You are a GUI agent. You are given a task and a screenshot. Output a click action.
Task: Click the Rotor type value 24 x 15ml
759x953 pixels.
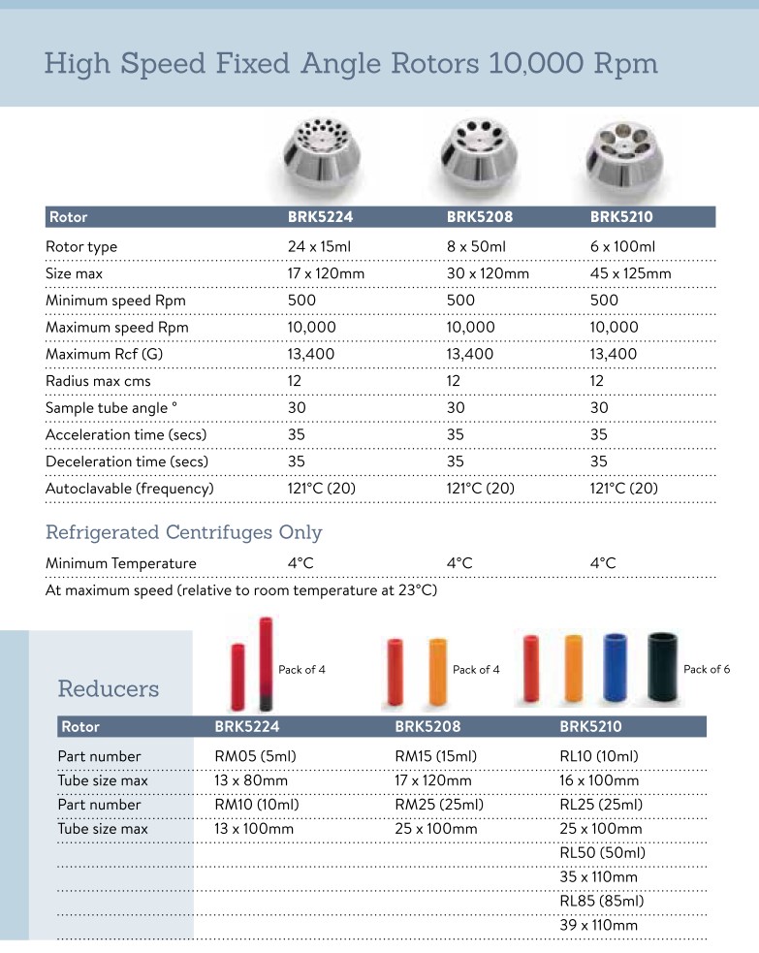pyautogui.click(x=319, y=246)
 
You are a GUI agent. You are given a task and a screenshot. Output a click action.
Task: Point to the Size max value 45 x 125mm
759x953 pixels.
pyautogui.click(x=630, y=273)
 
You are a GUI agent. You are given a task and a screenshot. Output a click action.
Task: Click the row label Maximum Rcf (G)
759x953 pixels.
pyautogui.click(x=105, y=354)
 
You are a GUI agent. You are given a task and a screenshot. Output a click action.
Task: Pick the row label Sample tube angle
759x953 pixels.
pyautogui.click(x=111, y=408)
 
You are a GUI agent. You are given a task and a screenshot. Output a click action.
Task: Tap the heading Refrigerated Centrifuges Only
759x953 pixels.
pyautogui.click(x=184, y=532)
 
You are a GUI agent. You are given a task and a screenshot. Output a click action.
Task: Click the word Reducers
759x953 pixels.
pyautogui.click(x=109, y=688)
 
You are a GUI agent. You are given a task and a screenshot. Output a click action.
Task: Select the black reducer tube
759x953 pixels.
pyautogui.click(x=663, y=668)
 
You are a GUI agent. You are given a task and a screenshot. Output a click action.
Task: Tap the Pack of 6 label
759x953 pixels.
pyautogui.click(x=708, y=669)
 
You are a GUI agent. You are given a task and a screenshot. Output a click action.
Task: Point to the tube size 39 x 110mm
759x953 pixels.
pyautogui.click(x=599, y=926)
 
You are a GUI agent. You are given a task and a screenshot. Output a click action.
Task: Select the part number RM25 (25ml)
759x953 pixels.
pyautogui.click(x=439, y=805)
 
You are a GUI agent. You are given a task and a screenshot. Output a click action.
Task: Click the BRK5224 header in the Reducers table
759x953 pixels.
pyautogui.click(x=246, y=726)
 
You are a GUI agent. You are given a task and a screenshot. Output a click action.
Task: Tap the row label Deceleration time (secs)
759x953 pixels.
pyautogui.click(x=127, y=461)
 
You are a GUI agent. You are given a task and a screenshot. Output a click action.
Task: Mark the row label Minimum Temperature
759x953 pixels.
pyautogui.click(x=121, y=563)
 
